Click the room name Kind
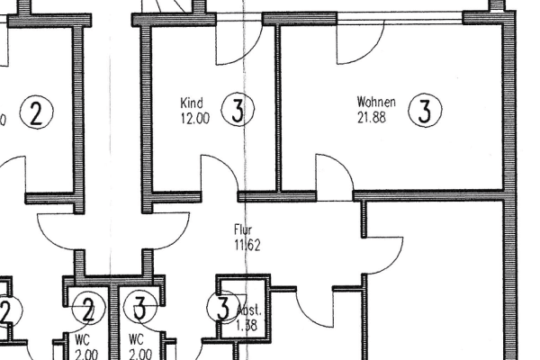[x=192, y=103]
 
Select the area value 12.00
[x=194, y=118]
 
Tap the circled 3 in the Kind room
[x=237, y=111]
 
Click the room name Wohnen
[x=376, y=102]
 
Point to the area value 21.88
[x=372, y=116]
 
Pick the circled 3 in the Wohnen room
[x=425, y=111]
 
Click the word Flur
[x=243, y=230]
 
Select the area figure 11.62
[x=247, y=245]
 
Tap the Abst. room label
[x=248, y=311]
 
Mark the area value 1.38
[x=247, y=326]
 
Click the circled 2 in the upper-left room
[x=36, y=112]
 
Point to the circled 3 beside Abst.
[x=222, y=309]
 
